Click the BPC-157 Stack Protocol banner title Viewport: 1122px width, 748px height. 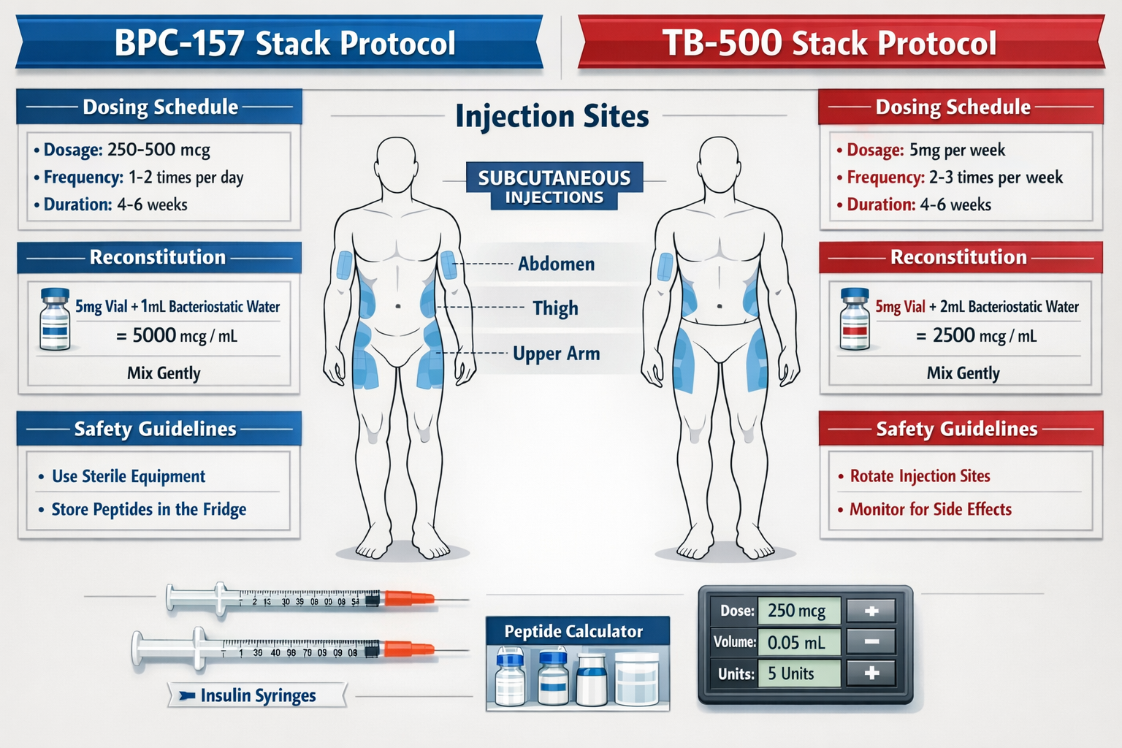tap(285, 43)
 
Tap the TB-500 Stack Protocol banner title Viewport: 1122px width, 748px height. tap(829, 43)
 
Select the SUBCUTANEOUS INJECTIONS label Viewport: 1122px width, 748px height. tap(554, 187)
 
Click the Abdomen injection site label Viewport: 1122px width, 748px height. tap(556, 264)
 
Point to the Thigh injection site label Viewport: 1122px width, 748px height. tap(555, 308)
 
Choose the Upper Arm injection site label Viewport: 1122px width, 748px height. tap(556, 354)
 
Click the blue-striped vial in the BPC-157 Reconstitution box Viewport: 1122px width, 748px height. tap(55, 319)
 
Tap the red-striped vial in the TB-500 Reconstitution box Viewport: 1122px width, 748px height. tap(855, 319)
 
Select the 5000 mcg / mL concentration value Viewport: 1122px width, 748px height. tap(177, 336)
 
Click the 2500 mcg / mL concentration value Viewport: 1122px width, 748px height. tap(976, 336)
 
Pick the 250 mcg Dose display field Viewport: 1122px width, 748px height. tap(798, 611)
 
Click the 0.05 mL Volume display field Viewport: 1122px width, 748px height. tap(798, 643)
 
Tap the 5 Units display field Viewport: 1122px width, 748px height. tap(798, 673)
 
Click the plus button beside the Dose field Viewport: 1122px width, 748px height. tap(871, 611)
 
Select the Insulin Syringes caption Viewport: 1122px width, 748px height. tap(257, 695)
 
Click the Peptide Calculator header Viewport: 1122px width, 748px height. tap(573, 631)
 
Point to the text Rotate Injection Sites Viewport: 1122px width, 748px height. tap(920, 476)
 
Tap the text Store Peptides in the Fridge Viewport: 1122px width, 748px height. tap(148, 509)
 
